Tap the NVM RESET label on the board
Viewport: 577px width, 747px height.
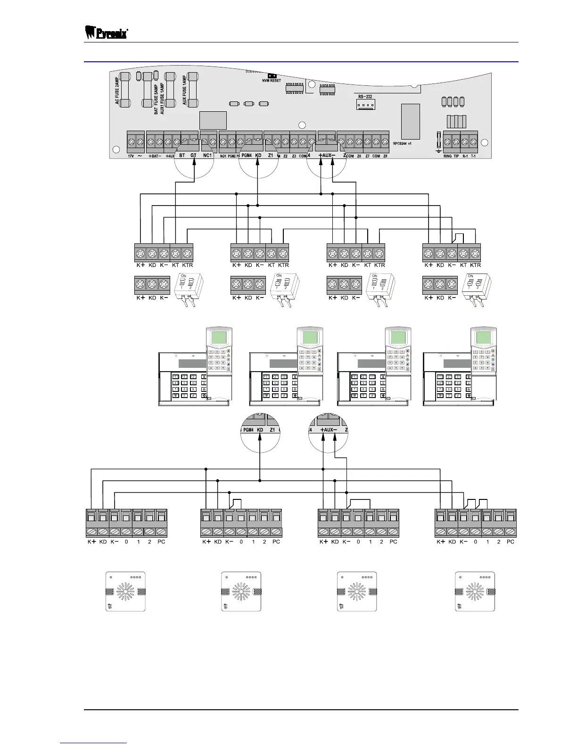[272, 81]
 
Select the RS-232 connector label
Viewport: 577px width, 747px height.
[365, 97]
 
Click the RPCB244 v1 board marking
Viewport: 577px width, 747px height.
[402, 143]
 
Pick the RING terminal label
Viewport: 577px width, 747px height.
[447, 155]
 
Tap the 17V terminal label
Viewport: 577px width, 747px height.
[132, 156]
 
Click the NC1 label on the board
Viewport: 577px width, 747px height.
[207, 155]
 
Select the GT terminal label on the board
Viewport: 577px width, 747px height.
[193, 155]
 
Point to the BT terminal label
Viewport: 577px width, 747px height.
[181, 155]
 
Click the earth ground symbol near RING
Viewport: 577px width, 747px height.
[439, 150]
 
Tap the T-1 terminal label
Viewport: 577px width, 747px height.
[473, 155]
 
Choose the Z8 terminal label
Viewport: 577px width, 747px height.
[385, 156]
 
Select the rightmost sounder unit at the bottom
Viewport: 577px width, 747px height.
[475, 591]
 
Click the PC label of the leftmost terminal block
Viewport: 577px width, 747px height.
[161, 542]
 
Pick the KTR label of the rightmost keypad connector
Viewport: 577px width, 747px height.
[476, 265]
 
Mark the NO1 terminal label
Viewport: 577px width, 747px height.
[223, 156]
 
